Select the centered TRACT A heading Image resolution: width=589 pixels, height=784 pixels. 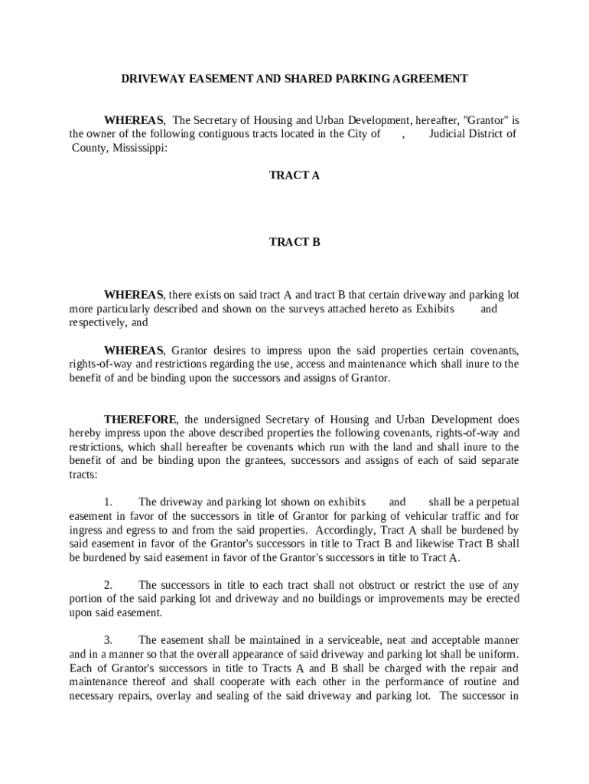click(294, 175)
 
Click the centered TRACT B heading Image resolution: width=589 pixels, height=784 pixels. click(294, 242)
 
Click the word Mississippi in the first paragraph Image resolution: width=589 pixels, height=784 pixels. click(138, 148)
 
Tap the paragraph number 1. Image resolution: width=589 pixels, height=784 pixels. click(109, 502)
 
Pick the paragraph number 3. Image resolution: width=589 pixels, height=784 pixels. click(109, 640)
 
